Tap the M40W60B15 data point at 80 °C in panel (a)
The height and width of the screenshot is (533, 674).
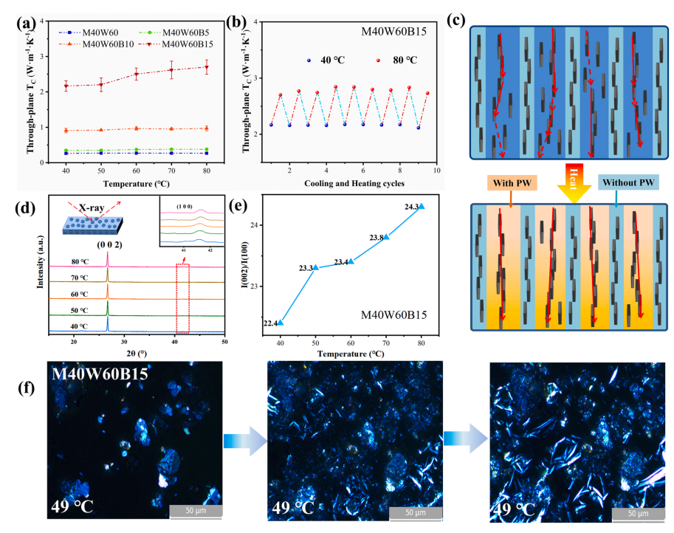point(206,67)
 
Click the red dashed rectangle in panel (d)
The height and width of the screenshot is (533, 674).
point(182,298)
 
